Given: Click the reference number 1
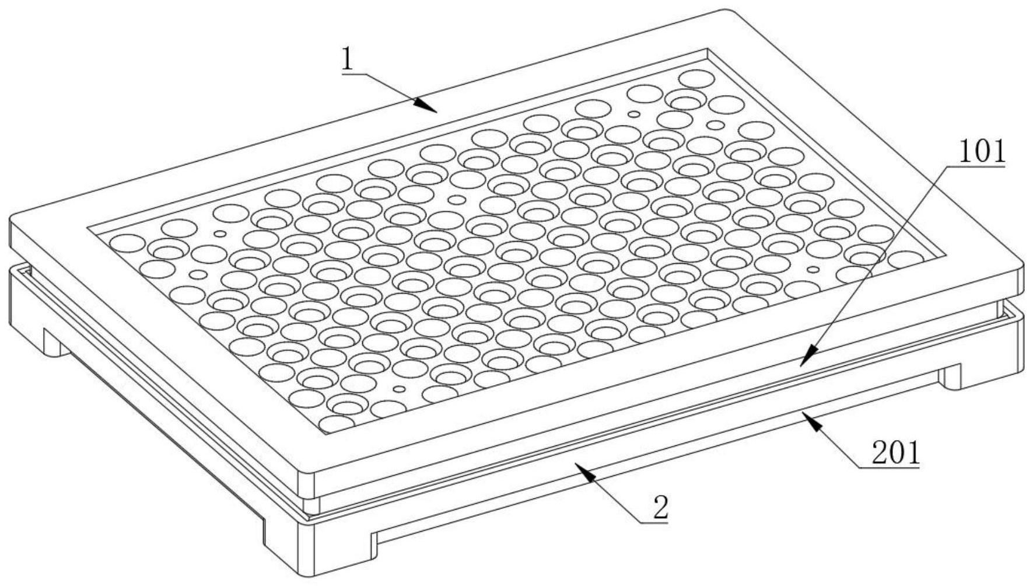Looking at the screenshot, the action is [x=348, y=59].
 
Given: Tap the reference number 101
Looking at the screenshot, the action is [x=982, y=152].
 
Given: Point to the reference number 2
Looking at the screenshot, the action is [x=661, y=508].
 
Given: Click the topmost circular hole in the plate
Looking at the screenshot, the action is [x=696, y=78].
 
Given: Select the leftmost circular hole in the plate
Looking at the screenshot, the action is [x=127, y=243].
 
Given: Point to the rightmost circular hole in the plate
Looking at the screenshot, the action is [x=906, y=260].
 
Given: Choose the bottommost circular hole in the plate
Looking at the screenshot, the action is [x=337, y=424].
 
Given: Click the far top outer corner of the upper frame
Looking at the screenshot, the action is [x=726, y=9].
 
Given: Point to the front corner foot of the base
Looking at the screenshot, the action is [x=318, y=546].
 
